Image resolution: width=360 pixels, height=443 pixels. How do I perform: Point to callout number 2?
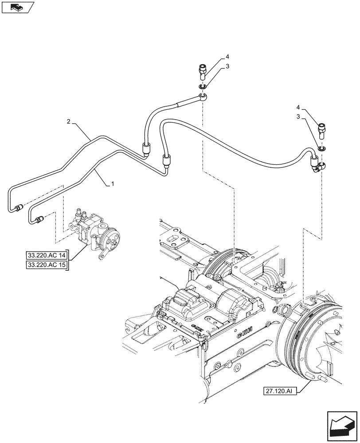click(x=69, y=121)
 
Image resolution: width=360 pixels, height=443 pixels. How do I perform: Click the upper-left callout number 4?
click(x=227, y=57)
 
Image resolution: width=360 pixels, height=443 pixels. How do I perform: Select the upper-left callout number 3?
click(x=227, y=66)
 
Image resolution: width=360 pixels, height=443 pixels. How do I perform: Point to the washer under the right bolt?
click(x=322, y=148)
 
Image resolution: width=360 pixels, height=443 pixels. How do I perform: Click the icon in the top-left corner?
click(x=18, y=7)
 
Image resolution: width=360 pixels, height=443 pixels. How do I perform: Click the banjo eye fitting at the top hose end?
click(x=203, y=96)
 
